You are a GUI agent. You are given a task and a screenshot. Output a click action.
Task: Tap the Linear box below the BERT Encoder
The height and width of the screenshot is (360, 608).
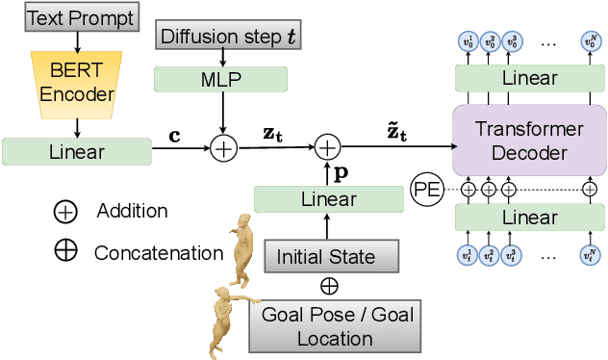(76, 151)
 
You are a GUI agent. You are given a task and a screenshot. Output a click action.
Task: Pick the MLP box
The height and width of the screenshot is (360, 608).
(222, 79)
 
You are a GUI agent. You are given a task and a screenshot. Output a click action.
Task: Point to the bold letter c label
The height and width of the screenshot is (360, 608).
(174, 135)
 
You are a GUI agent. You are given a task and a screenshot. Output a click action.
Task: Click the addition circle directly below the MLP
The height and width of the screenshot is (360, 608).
(223, 148)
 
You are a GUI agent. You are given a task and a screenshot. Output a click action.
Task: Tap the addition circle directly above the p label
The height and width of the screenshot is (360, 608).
(328, 147)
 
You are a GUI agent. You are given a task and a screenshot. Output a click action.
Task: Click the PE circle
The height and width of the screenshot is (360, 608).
(425, 189)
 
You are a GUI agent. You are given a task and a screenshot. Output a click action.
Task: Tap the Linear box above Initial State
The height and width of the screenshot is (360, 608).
(328, 199)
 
